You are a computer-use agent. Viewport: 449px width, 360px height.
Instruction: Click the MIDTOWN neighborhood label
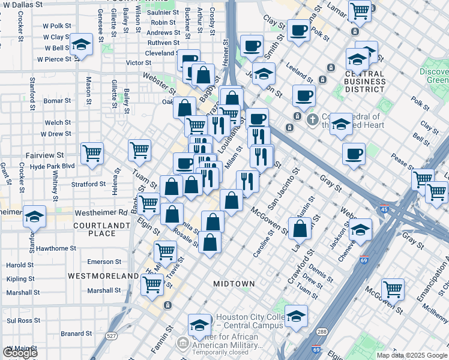pos(234,283)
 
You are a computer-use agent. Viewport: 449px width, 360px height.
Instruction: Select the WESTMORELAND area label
pos(103,276)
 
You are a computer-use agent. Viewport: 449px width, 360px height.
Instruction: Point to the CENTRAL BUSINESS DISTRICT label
pos(357,81)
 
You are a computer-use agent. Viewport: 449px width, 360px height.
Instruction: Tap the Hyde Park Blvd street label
pos(52,166)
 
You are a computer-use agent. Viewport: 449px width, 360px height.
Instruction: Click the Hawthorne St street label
pos(56,248)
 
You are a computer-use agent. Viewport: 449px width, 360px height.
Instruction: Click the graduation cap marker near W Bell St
pos(81,45)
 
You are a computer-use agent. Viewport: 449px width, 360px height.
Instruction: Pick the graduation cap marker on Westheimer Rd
pos(35,216)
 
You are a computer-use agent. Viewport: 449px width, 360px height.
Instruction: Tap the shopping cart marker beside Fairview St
pos(92,154)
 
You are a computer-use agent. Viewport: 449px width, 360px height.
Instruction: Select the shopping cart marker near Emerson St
pos(165,251)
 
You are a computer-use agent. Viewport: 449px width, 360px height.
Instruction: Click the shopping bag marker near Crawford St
pos(300,228)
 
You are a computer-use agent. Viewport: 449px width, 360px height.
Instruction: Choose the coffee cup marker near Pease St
pos(354,154)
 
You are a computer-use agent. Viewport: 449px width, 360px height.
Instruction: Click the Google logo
pos(20,353)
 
